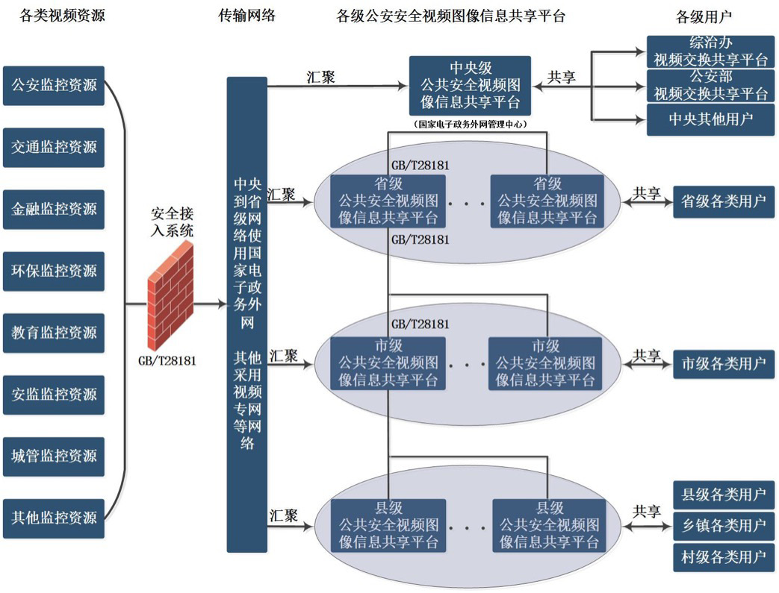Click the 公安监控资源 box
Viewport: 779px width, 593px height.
tap(54, 85)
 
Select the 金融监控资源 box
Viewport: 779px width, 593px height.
tap(54, 208)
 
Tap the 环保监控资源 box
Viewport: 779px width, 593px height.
tap(54, 270)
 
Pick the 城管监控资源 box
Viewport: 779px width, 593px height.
tap(54, 455)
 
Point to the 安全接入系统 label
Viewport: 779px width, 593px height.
tap(170, 221)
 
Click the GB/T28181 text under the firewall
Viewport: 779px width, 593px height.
tap(167, 361)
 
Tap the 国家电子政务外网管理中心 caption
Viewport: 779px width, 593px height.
tap(470, 125)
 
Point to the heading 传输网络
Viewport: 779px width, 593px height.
tap(246, 15)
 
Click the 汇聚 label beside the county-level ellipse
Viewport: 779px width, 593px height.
tap(284, 515)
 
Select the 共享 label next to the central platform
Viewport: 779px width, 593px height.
tap(562, 77)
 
